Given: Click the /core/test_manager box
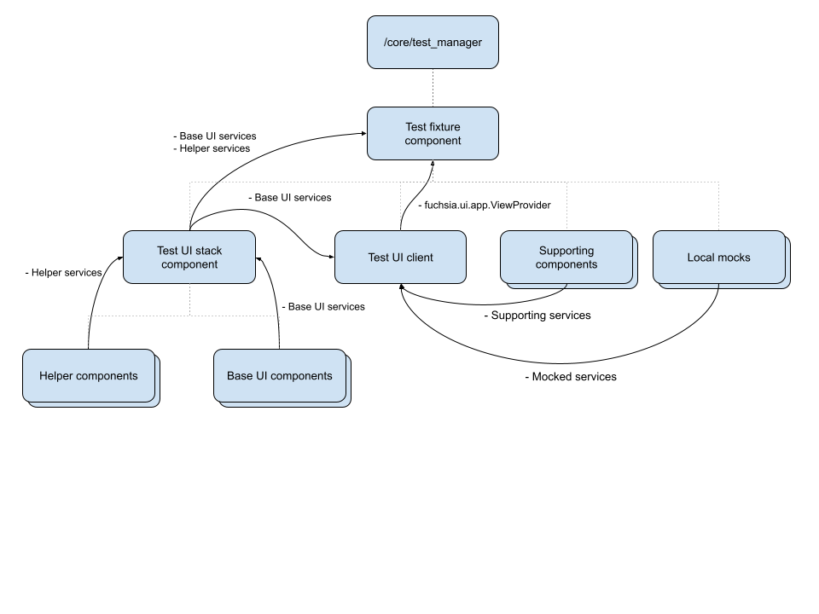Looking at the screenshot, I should (433, 42).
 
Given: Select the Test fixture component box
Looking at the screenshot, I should (433, 133).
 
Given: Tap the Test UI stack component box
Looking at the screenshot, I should (189, 257).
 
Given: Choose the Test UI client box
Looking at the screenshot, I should (400, 257).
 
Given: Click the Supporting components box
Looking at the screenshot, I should (566, 257).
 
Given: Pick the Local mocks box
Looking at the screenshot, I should (718, 257).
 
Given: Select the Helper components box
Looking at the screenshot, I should (89, 375).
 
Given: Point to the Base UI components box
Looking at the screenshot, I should (280, 375).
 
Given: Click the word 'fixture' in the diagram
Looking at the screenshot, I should (444, 127).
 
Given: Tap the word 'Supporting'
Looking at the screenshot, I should (566, 251).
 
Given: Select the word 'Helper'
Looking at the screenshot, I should (56, 376).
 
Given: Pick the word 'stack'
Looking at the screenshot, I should (208, 251).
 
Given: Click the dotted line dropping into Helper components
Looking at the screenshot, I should (89, 333).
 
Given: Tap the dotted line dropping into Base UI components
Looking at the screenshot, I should (280, 333).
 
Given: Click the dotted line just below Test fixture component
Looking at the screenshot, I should (433, 170).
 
